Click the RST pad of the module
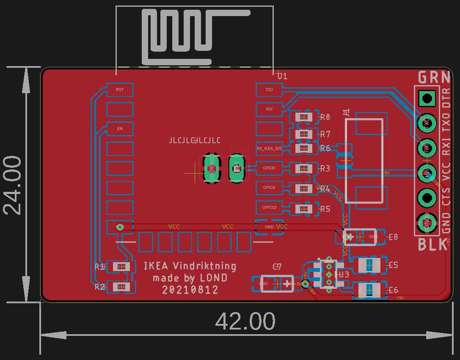coord(120,90)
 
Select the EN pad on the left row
coord(120,128)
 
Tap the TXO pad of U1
coord(269,90)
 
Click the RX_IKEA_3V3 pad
coord(269,149)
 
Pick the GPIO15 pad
coord(269,208)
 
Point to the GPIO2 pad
coord(269,187)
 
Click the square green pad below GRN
coord(427,99)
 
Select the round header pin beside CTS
coord(427,197)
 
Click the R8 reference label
coord(325,117)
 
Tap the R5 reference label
coord(325,209)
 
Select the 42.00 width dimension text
coord(245,321)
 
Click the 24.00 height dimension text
coord(13,185)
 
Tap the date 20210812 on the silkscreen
coord(190,290)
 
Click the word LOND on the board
coord(214,278)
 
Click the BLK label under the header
coord(432,245)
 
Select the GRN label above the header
coord(434,78)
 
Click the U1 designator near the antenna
coord(282,76)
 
